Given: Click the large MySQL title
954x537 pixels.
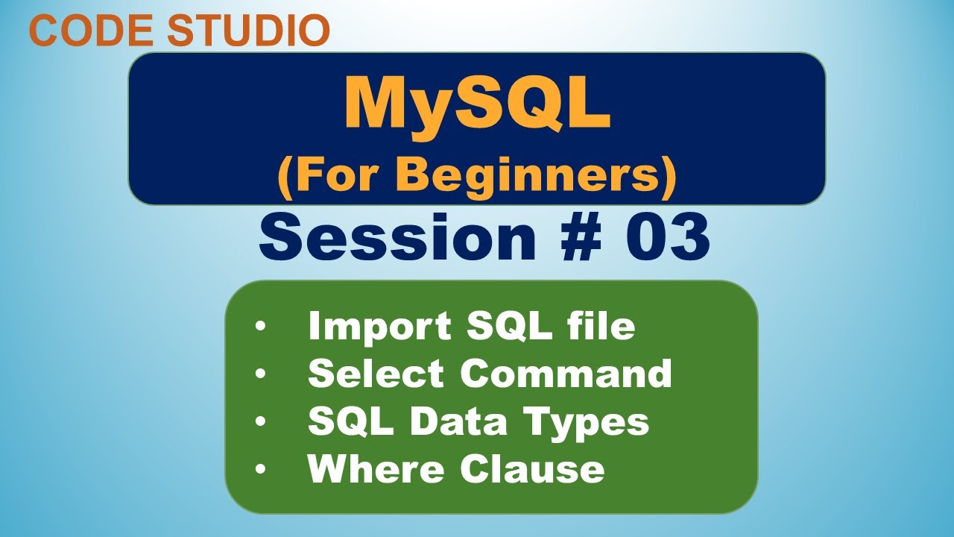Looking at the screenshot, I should coord(477,104).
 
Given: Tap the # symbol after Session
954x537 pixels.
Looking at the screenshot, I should coord(582,236).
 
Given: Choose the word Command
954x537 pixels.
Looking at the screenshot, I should coord(566,374).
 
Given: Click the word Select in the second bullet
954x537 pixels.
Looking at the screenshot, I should coord(377,374).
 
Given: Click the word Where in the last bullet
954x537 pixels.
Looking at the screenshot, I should coord(376,469).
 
